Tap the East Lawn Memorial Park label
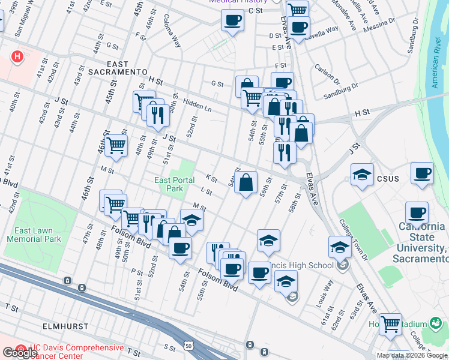point(34,234)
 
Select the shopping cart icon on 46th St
point(116,145)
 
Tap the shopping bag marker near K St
point(246,182)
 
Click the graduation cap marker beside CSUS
point(362,175)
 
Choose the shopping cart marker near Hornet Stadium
point(390,324)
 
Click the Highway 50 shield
point(189,346)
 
